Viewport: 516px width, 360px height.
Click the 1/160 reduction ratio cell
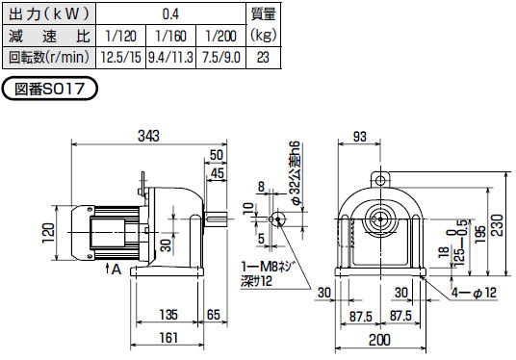click(x=170, y=36)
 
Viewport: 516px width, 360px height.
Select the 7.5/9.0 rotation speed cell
click(x=221, y=58)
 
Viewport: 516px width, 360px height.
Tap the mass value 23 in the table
click(x=263, y=58)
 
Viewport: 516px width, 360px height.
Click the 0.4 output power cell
click(x=170, y=14)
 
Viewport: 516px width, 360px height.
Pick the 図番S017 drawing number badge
click(x=50, y=89)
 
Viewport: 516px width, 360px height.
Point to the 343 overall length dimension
click(x=148, y=137)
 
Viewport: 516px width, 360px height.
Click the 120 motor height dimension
click(x=48, y=233)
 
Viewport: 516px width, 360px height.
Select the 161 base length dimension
click(x=168, y=338)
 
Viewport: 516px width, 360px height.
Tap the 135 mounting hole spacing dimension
click(x=168, y=315)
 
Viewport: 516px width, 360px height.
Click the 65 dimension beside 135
click(x=214, y=315)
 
